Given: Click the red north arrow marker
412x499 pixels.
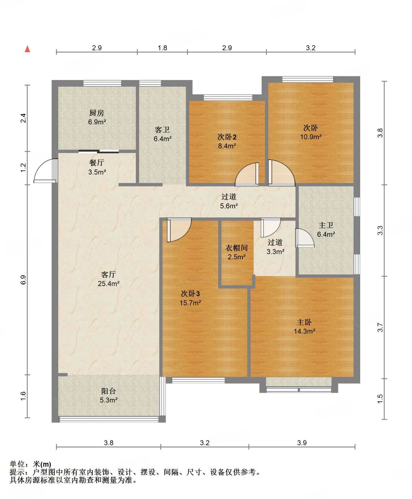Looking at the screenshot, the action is point(27,49).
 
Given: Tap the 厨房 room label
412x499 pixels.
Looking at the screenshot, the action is point(97,113).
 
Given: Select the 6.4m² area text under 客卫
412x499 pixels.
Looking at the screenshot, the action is point(163,139).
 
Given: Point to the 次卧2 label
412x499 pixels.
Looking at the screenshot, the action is point(227,137).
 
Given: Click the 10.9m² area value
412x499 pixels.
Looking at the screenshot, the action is point(311,137).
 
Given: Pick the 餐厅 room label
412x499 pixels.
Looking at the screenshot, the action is point(97,163).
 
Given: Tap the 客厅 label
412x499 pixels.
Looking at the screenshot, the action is point(108,274).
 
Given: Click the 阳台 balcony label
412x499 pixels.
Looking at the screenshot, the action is point(108,391).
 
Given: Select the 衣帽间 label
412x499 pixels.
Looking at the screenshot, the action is point(237,248).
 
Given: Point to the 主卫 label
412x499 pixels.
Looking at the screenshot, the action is point(326,225).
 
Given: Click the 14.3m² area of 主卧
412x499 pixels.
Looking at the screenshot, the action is point(304,331).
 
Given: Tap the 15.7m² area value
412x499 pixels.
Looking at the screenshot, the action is point(190,303).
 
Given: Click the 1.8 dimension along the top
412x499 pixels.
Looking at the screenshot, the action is point(163,48).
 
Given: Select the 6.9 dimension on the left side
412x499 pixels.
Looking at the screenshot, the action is point(23,280).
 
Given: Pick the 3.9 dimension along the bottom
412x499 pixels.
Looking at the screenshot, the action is point(302,443).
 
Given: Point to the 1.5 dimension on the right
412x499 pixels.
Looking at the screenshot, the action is point(380,399).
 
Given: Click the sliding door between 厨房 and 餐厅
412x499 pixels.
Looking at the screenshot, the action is point(98,151).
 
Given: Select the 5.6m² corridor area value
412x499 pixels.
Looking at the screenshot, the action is point(229,206).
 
